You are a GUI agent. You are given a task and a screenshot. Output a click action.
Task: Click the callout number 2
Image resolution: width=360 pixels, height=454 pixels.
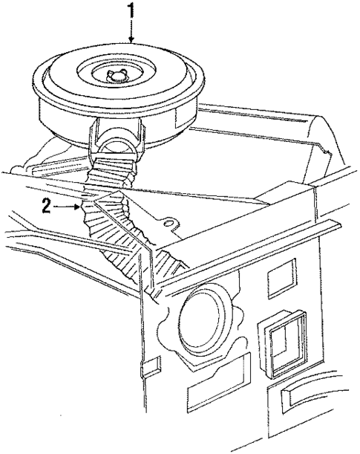tap(46, 207)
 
